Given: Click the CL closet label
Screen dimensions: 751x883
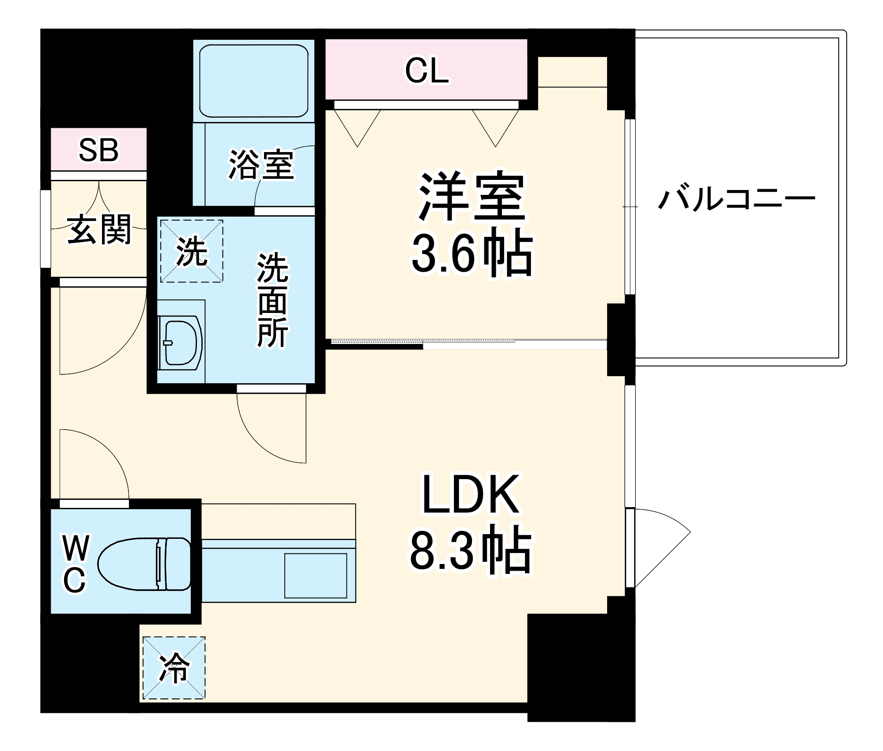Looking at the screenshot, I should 426,71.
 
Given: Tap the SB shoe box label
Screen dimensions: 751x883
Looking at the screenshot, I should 98,150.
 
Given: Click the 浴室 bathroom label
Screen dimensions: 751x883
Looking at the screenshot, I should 261,165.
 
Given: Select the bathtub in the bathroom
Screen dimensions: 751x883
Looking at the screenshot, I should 253,81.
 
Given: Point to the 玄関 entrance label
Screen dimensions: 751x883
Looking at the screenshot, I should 99,229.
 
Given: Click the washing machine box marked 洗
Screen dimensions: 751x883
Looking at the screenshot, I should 192,251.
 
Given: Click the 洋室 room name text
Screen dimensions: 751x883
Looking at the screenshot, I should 472,196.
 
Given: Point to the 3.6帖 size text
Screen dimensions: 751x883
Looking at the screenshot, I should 472,254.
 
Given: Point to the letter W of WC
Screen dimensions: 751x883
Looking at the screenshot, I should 76,548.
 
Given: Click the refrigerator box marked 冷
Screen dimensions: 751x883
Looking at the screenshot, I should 174,668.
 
